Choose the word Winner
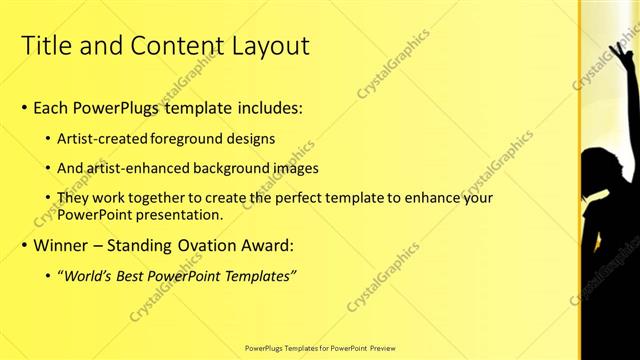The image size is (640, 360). click(x=61, y=246)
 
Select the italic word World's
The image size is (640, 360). click(x=93, y=275)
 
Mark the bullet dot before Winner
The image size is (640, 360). click(x=25, y=246)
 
